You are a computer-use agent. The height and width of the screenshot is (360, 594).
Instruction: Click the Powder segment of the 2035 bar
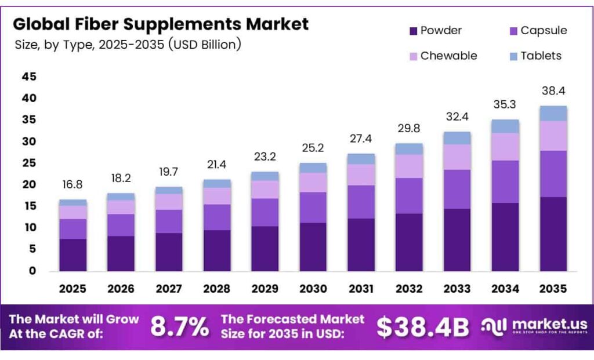(x=553, y=234)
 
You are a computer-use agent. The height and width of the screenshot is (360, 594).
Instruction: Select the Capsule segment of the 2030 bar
(x=313, y=207)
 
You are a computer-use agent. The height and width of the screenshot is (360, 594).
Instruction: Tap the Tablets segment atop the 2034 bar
(x=505, y=126)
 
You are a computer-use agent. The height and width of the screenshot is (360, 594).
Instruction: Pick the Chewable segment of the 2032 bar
(x=409, y=166)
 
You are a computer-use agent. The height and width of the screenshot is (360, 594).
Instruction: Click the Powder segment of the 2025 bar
(x=73, y=254)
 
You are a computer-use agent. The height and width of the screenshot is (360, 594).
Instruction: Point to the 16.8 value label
(x=73, y=184)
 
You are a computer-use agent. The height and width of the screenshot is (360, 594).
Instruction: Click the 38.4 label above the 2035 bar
(x=553, y=90)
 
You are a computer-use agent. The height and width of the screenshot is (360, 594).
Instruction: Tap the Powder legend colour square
(x=413, y=31)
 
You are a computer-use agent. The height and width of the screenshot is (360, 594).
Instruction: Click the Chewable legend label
(x=448, y=56)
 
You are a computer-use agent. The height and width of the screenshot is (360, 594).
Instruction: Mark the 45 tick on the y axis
(x=29, y=77)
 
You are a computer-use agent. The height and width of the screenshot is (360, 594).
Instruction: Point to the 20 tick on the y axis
(x=29, y=184)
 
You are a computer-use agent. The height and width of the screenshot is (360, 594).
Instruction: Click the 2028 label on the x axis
(x=217, y=288)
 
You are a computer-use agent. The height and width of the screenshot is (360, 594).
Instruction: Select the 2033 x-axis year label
(x=457, y=288)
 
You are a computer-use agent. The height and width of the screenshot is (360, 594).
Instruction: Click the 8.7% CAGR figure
(x=179, y=326)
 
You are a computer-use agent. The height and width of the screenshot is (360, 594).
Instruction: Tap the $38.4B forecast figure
(x=422, y=326)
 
